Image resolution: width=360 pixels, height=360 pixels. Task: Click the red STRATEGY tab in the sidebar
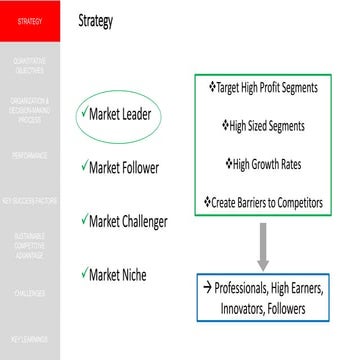point(30,20)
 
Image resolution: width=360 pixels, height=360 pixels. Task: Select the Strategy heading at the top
point(95,20)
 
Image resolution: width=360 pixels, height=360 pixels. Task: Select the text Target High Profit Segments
point(262,88)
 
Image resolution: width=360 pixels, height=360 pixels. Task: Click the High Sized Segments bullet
point(262,126)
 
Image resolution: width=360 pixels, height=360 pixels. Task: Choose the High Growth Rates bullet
point(262,164)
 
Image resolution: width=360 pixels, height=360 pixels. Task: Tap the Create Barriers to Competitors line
point(262,202)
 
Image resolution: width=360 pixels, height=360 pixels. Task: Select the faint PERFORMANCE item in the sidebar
point(30,157)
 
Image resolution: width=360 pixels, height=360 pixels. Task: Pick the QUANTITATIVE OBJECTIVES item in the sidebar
point(30,65)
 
